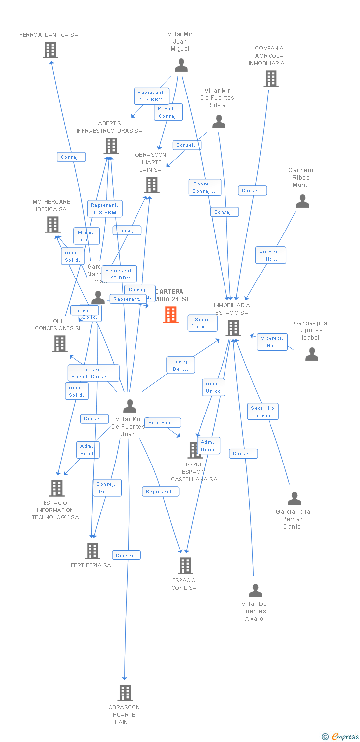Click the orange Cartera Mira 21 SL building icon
tap(171, 315)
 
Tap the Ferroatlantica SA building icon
tap(50, 50)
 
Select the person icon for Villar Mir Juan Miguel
tap(181, 66)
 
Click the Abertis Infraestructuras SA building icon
tap(111, 146)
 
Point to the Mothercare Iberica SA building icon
tap(52, 225)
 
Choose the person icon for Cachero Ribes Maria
tap(302, 202)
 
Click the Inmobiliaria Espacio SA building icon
tap(233, 328)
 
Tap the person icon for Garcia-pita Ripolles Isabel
tap(312, 354)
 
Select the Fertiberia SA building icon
tap(92, 551)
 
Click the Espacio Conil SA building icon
tap(185, 566)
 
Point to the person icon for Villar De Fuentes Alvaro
tap(255, 591)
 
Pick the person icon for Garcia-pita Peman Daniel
tap(295, 499)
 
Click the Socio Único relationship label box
tap(202, 323)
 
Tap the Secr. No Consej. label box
tap(263, 412)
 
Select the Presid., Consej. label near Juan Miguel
tap(168, 112)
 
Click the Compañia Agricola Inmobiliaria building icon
tap(270, 79)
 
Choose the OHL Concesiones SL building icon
tap(60, 344)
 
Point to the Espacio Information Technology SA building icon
tap(57, 488)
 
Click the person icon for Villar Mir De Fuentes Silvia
tap(219, 122)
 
